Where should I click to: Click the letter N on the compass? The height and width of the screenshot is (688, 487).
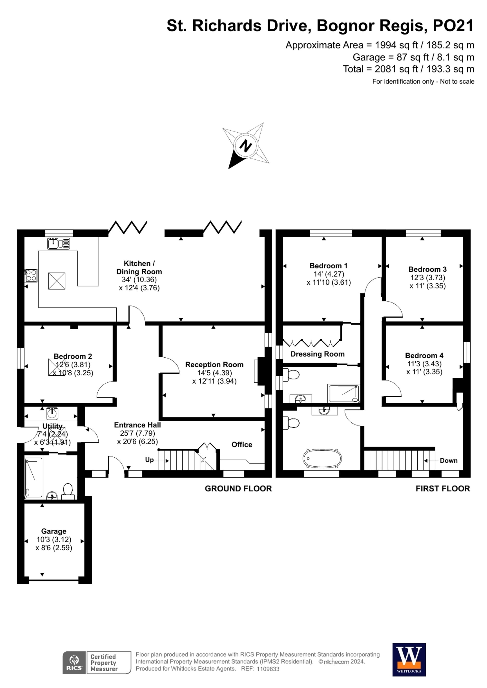tap(246, 146)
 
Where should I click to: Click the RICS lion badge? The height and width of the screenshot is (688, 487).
tap(74, 662)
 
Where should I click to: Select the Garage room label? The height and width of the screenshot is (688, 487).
tap(54, 531)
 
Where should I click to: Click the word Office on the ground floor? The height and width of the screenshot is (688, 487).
tap(242, 444)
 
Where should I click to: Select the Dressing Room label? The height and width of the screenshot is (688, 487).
tap(317, 354)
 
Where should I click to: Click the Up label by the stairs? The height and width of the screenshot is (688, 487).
tap(149, 460)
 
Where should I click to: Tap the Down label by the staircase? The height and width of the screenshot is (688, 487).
tap(448, 461)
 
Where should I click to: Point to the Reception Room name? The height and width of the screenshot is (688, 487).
tap(214, 364)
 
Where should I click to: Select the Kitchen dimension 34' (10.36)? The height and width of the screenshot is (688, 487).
tap(139, 279)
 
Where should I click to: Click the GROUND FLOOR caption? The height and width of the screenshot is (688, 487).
tap(238, 489)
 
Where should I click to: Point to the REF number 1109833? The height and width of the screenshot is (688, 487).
tap(268, 669)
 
